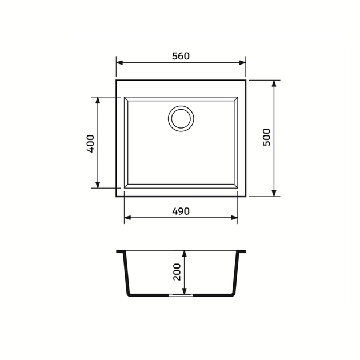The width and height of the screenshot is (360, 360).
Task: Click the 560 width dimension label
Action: [181, 56]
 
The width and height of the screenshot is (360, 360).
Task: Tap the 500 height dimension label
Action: [266, 137]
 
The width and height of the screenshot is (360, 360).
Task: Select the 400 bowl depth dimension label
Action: [90, 144]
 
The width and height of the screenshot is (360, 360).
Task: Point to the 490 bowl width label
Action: [181, 211]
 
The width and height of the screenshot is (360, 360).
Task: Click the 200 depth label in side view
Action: [177, 272]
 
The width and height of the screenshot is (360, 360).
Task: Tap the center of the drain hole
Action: [181, 119]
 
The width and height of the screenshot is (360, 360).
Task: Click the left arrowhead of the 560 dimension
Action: [119, 63]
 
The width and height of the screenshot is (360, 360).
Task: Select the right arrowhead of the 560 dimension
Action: [242, 63]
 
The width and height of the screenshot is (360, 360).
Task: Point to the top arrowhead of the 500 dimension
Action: [274, 83]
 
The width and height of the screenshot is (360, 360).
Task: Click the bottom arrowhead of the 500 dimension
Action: [274, 193]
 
